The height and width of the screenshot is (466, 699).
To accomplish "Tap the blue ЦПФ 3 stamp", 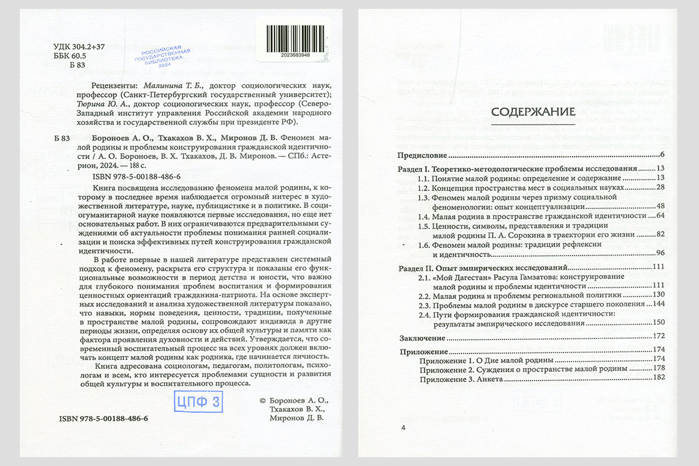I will [199, 401].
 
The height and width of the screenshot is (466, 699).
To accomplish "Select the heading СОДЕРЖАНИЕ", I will [534, 112].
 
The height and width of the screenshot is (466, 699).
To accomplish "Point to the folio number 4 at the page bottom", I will [403, 428].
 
